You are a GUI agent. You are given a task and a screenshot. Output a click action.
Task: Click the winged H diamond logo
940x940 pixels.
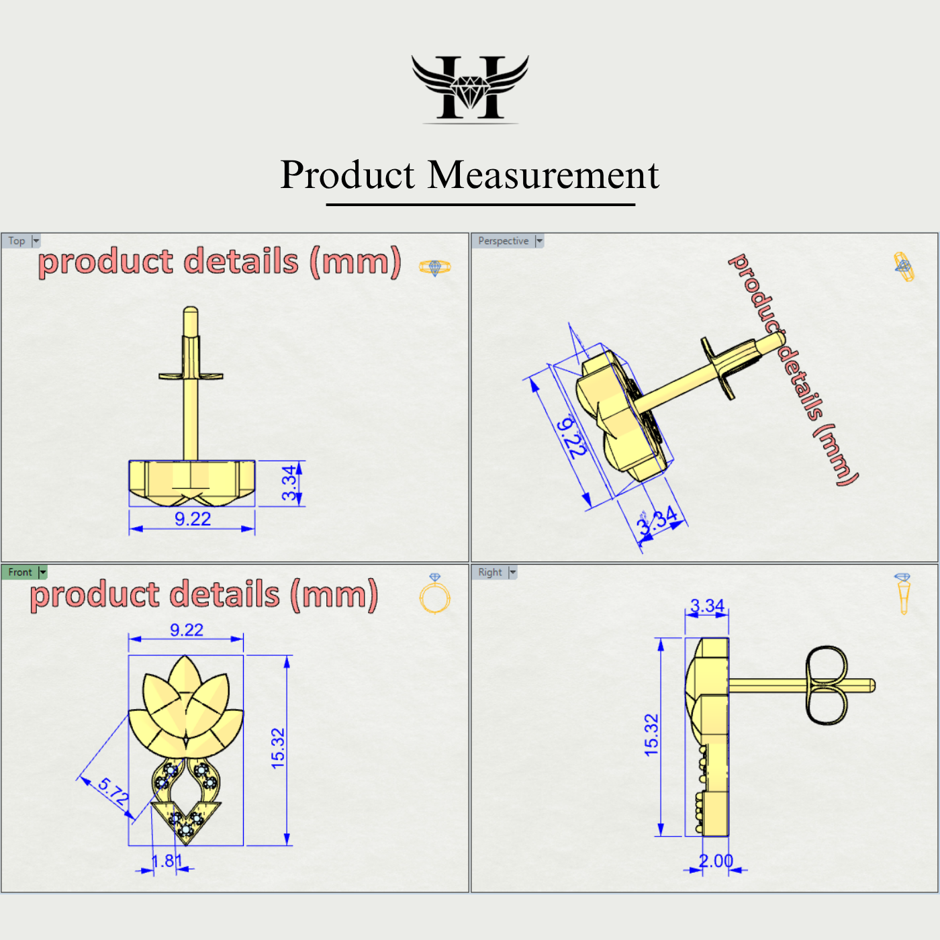(470, 88)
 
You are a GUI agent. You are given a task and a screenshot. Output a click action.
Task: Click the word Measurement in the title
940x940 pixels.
(543, 175)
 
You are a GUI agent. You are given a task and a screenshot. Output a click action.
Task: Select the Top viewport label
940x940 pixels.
(17, 241)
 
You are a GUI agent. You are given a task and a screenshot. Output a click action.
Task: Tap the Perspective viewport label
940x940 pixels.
(503, 241)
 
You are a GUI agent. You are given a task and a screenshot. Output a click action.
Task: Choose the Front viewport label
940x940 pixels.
(19, 572)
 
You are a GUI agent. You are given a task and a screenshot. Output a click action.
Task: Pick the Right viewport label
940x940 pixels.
(489, 572)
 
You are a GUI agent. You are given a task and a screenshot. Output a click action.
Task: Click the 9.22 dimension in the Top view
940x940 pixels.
(193, 519)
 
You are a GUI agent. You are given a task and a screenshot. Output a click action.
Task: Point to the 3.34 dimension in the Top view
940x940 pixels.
(289, 483)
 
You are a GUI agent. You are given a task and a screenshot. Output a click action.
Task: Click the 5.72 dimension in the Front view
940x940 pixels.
(113, 792)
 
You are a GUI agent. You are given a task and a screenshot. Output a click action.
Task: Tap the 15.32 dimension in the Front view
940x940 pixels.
(278, 748)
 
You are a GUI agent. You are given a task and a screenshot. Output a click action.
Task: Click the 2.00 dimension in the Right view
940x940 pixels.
(716, 861)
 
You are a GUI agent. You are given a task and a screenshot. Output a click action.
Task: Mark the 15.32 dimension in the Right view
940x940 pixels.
(651, 735)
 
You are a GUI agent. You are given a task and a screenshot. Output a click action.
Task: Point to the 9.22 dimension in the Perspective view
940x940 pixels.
(572, 437)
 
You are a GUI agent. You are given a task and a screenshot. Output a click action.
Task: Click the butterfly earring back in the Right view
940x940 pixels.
(827, 686)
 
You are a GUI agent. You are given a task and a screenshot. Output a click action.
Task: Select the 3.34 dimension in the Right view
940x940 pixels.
(707, 606)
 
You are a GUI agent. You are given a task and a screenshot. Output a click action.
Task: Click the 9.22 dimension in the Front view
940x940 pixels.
(186, 630)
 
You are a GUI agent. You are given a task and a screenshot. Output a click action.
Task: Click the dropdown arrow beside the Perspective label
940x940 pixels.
(539, 241)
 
